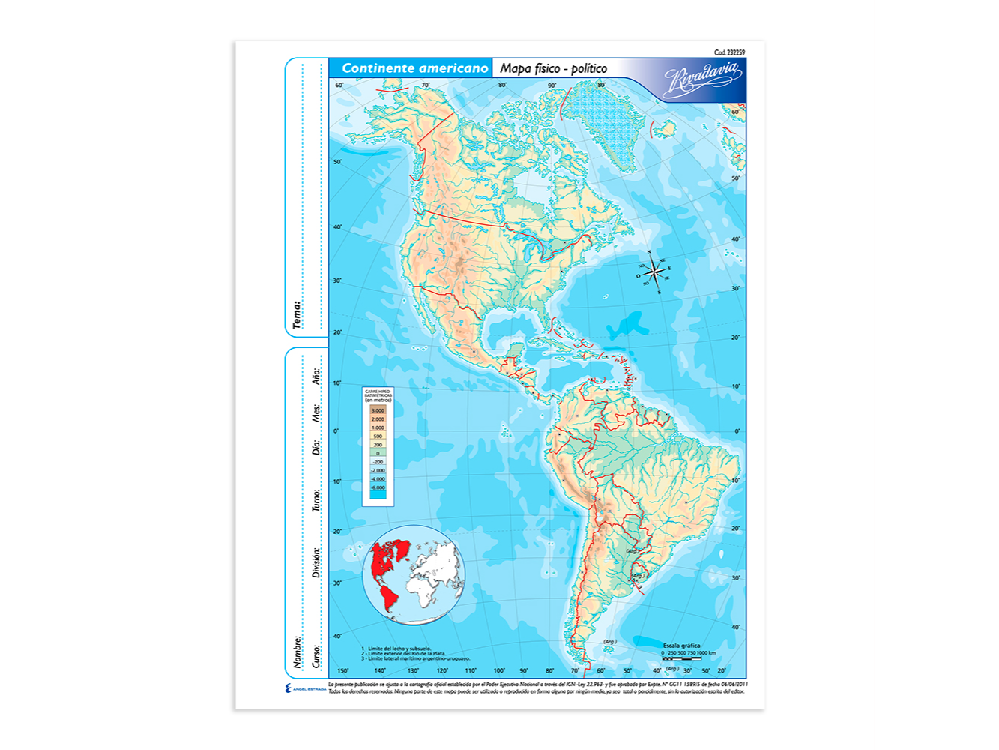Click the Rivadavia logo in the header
pyautogui.click(x=703, y=79)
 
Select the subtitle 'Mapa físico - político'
pyautogui.click(x=553, y=68)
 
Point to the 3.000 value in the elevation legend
pyautogui.click(x=378, y=411)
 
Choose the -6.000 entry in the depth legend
pyautogui.click(x=378, y=487)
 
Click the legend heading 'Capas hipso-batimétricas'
pyautogui.click(x=378, y=395)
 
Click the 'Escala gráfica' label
pyautogui.click(x=681, y=645)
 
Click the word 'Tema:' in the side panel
pyautogui.click(x=297, y=315)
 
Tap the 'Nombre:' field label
pyautogui.click(x=298, y=652)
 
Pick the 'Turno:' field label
pyautogui.click(x=317, y=500)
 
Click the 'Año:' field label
pyautogui.click(x=317, y=376)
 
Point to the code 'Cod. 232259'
pyautogui.click(x=728, y=52)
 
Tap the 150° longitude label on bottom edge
pyautogui.click(x=343, y=671)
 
